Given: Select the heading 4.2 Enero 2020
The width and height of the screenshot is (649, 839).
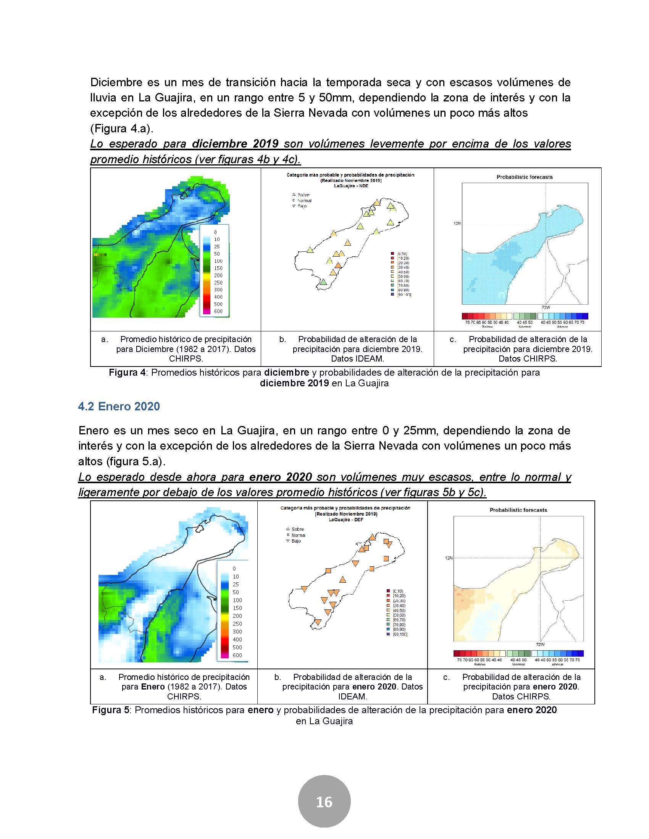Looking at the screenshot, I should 119,406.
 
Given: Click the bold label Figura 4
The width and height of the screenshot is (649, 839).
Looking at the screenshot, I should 127,372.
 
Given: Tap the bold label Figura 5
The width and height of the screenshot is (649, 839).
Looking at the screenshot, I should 110,710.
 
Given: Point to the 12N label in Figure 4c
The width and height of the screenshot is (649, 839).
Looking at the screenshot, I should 457,223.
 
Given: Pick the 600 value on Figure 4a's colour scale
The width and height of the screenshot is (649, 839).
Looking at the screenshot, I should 218,311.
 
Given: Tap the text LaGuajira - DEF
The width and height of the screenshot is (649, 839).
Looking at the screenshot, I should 345,519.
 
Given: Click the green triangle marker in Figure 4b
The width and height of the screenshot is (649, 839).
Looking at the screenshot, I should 323,282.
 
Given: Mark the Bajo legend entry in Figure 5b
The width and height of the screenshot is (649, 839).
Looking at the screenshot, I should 296,541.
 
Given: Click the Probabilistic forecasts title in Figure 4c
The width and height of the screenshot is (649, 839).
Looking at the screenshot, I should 525,177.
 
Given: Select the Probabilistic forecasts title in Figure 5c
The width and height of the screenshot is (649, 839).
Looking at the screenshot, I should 518,510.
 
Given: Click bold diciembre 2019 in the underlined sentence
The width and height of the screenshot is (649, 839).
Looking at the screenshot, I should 235,144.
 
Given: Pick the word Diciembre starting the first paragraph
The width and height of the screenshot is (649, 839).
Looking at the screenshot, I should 116,82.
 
